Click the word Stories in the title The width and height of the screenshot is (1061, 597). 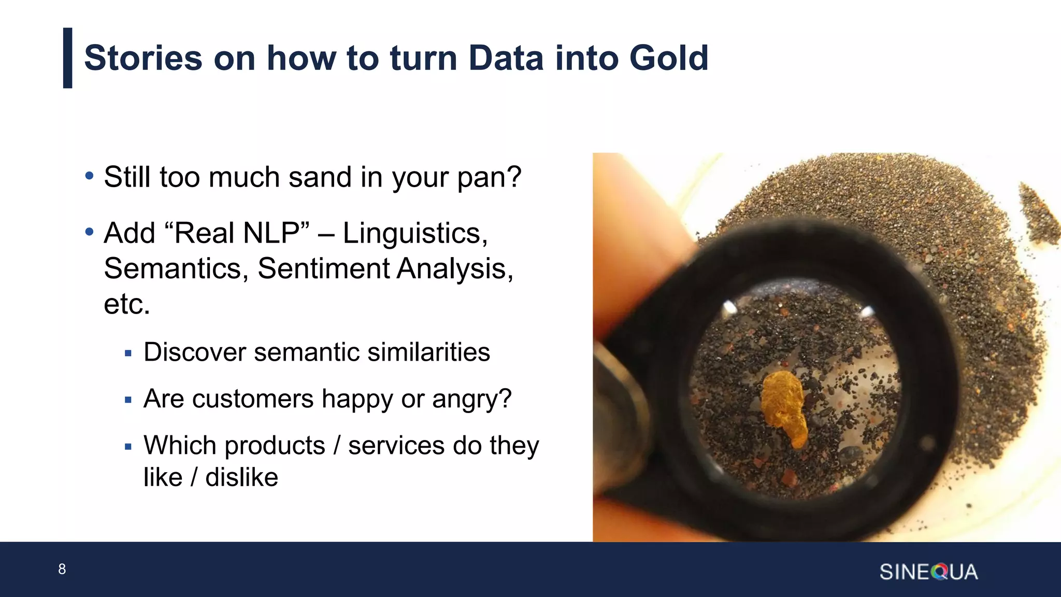coord(143,58)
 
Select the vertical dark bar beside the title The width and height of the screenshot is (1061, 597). coord(67,58)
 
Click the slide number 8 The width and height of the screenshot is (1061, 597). coord(62,569)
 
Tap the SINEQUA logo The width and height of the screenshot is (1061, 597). coord(928,572)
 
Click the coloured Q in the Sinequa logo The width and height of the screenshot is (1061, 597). coord(939,572)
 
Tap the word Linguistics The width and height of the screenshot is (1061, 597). coord(415,234)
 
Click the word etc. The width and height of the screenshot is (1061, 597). coord(127,304)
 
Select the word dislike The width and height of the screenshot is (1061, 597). coord(241,477)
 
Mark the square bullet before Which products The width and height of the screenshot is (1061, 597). coord(128,447)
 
